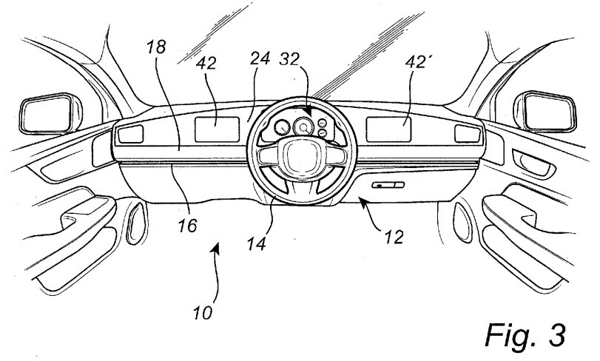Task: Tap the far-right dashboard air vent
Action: (x=465, y=133)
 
